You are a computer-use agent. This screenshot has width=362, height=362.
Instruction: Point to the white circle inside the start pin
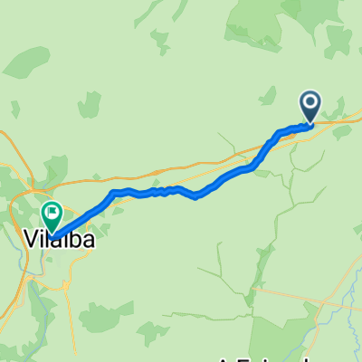tap(310, 103)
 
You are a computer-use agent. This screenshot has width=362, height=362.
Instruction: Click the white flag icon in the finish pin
tap(52, 214)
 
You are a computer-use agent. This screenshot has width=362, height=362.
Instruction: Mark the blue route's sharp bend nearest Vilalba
tap(112, 193)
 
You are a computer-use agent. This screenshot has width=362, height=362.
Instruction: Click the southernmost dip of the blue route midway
tap(196, 198)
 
